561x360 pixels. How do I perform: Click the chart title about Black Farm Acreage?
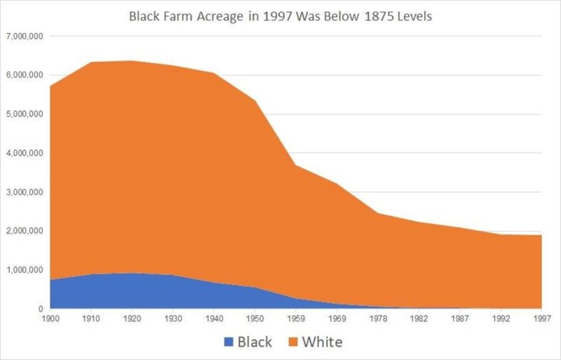tap(280, 15)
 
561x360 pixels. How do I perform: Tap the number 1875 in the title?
tap(375, 15)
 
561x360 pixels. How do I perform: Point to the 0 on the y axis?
tap(42, 309)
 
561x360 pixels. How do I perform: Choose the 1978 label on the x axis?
tap(380, 319)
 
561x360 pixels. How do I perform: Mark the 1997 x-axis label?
tap(541, 319)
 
